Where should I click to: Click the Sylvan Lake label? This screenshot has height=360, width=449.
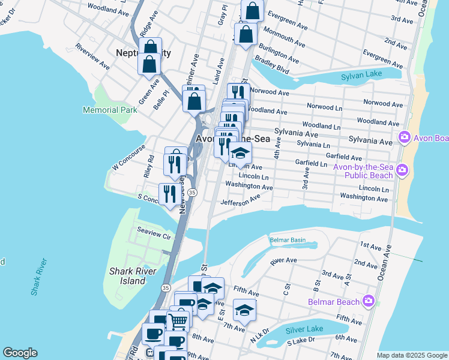click(x=362, y=76)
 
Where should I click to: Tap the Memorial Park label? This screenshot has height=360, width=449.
click(x=106, y=110)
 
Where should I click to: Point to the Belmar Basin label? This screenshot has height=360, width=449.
click(x=288, y=241)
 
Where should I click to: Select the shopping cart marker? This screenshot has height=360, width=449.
click(x=178, y=321)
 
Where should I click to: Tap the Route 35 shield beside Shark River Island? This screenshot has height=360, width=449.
click(x=165, y=288)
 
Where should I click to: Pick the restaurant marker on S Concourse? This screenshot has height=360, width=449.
click(x=168, y=193)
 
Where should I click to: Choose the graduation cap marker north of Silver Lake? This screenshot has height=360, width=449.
click(x=244, y=310)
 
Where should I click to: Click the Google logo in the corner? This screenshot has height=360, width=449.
click(x=20, y=353)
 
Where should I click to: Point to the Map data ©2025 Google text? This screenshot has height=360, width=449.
click(x=411, y=355)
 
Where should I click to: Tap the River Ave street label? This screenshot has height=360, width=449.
click(x=283, y=261)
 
